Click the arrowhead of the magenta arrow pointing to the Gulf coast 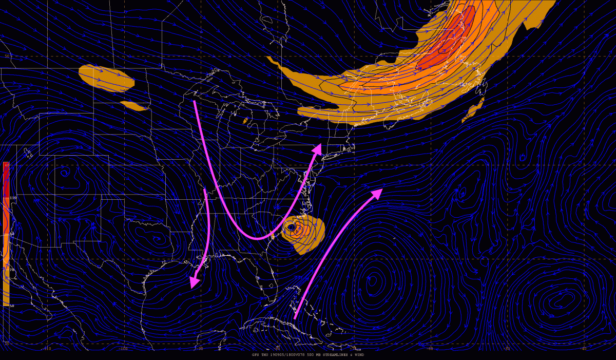[194, 282]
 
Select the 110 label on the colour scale [13, 198]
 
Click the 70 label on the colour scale [12, 269]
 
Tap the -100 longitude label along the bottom [123, 349]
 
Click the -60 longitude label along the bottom [430, 349]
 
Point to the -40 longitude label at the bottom [584, 349]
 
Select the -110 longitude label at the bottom [47, 349]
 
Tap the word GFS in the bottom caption [255, 355]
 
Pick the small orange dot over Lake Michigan [245, 121]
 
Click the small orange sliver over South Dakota [134, 106]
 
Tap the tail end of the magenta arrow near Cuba [295, 318]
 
